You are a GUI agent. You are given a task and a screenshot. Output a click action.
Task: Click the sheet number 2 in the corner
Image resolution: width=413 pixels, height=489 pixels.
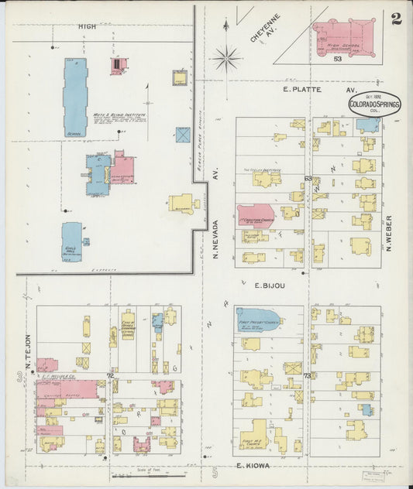click(396, 19)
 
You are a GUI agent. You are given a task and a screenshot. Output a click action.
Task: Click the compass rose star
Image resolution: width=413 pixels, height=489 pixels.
click(226, 56)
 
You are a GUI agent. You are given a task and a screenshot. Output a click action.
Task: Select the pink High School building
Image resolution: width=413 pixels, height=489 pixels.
click(345, 36)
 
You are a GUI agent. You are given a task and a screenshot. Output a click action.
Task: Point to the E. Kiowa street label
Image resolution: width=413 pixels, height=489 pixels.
click(252, 466)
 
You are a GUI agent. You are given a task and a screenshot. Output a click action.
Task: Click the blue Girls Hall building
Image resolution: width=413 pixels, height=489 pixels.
click(72, 241)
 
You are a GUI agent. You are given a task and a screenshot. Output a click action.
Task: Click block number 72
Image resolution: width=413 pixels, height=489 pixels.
click(110, 375)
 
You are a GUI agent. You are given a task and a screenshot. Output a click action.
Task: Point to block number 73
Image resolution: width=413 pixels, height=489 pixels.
click(308, 375)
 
